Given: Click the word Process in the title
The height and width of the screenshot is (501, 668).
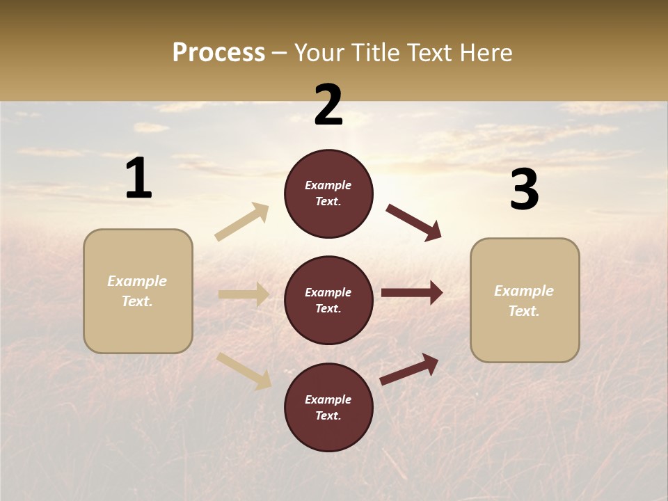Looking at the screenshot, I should (x=218, y=53).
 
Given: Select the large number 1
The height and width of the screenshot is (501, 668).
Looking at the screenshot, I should (x=138, y=179).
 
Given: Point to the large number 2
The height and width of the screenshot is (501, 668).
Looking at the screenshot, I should (x=328, y=105).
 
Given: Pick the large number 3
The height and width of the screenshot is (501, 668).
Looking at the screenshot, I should (x=524, y=190).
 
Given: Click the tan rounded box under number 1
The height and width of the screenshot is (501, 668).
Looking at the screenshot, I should (x=138, y=291).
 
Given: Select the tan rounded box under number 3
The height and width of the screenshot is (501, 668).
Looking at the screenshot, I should (x=525, y=301).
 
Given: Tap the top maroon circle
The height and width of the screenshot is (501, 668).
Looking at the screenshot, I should (x=328, y=193).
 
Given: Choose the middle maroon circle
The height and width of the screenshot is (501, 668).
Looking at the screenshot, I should (x=328, y=301).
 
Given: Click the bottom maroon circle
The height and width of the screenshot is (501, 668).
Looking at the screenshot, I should (x=328, y=408).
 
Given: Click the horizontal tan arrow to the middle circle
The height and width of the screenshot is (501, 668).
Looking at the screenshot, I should (x=244, y=295).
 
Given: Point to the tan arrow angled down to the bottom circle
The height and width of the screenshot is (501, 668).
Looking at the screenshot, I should (x=244, y=370).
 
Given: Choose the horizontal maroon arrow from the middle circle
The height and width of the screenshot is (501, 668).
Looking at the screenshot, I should (x=412, y=293).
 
